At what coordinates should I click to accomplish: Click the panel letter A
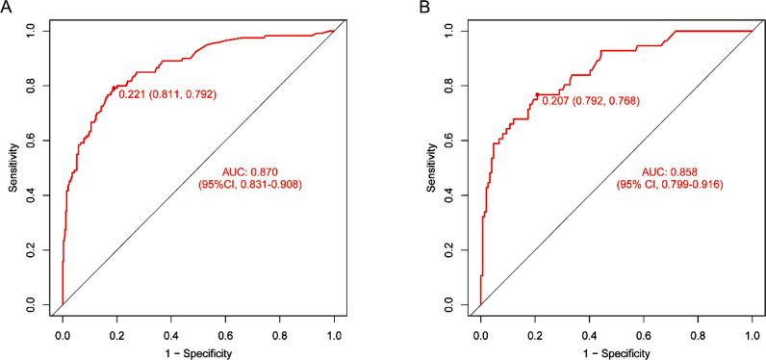coord(6,7)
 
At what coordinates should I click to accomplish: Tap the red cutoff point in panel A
coord(115,88)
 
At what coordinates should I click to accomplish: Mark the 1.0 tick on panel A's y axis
coord(38,31)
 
